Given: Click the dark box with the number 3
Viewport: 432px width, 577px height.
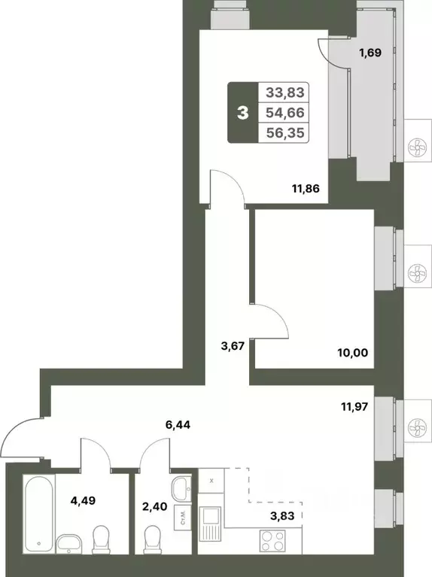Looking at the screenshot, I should (x=242, y=114).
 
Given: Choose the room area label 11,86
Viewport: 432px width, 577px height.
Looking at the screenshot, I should (x=306, y=189).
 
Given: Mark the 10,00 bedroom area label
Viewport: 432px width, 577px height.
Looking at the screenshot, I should (x=354, y=351).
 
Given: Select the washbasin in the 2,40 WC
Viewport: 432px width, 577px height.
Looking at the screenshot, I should (x=181, y=490).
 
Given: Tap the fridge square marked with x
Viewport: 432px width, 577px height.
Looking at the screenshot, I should (x=212, y=479).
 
